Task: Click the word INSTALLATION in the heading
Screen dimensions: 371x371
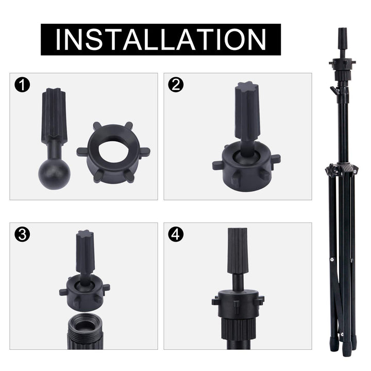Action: tap(161, 39)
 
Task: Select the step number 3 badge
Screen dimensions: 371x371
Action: tap(22, 234)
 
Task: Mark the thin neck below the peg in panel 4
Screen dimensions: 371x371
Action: tap(238, 281)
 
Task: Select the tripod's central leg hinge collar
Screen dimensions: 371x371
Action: tap(342, 170)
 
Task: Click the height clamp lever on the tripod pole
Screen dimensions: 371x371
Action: tap(334, 91)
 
